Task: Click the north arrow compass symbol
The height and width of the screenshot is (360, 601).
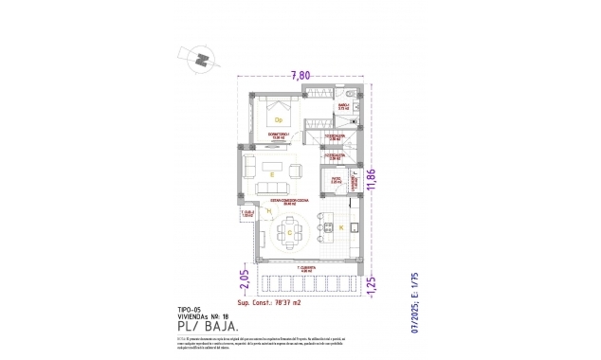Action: click(x=202, y=59)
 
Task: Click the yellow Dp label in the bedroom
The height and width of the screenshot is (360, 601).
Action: click(x=279, y=120)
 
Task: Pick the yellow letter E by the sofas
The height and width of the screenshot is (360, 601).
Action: click(x=272, y=174)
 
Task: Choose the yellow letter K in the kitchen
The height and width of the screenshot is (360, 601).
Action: click(x=340, y=228)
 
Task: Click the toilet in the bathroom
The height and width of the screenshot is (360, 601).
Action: click(x=350, y=95)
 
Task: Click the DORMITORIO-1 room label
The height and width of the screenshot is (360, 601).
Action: click(x=279, y=136)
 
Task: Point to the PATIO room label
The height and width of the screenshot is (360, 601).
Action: click(x=336, y=177)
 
